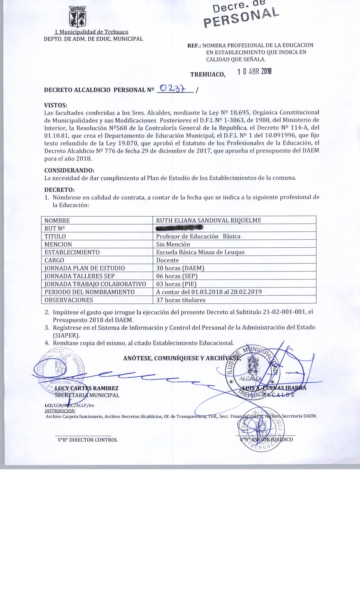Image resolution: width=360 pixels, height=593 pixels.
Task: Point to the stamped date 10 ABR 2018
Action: point(254,72)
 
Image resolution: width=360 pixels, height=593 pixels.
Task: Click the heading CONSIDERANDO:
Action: point(69,171)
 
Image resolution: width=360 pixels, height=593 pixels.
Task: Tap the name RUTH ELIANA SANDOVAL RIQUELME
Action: point(208,221)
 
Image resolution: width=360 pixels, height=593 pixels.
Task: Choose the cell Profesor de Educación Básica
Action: point(198,236)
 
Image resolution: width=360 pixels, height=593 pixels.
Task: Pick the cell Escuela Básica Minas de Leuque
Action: point(200,252)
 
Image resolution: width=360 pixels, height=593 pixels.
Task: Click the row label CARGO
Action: point(54,260)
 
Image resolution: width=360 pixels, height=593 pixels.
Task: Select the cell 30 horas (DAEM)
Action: point(180,268)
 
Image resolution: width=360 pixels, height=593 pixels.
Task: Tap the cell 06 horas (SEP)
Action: point(177,276)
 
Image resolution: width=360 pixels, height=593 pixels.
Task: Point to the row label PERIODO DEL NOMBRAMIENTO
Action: point(90,292)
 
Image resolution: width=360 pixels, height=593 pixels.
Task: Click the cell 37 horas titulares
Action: point(181,300)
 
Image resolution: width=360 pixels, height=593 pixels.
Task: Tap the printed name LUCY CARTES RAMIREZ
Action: point(87,388)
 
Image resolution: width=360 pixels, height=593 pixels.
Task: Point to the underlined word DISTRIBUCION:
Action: point(60,411)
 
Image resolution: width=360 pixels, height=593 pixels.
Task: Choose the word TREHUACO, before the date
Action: point(208,75)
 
